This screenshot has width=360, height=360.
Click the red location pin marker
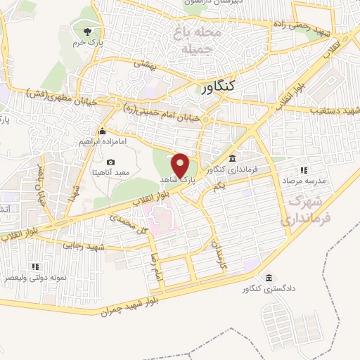tap(181, 165)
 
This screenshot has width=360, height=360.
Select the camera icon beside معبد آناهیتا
tap(110, 163)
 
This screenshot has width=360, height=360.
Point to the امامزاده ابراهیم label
tap(101, 142)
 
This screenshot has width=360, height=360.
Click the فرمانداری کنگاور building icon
tap(232, 157)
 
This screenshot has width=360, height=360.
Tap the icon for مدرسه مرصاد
tap(303, 170)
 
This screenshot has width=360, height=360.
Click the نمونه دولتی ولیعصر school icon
tap(35, 266)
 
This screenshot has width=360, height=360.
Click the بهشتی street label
tap(143, 63)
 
